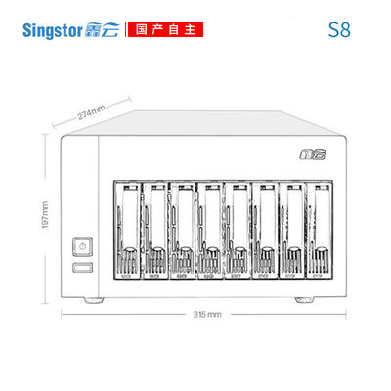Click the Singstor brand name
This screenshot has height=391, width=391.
click(52, 30)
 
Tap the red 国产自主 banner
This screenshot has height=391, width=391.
click(165, 29)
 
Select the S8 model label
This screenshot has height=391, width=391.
click(339, 29)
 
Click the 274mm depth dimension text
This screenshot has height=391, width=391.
click(91, 112)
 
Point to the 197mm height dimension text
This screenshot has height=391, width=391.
click(45, 215)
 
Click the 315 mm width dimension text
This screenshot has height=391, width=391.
click(207, 314)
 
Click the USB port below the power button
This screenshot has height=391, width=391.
click(83, 267)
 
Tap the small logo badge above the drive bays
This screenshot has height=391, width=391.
click(313, 154)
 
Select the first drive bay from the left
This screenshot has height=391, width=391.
click(128, 230)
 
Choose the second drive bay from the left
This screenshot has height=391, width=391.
click(155, 230)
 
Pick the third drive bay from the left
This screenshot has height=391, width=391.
click(183, 230)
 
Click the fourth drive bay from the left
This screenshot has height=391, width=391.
click(210, 230)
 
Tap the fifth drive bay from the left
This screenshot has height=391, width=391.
click(238, 230)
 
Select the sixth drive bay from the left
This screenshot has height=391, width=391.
click(265, 230)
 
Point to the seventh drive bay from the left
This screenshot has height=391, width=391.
click(292, 230)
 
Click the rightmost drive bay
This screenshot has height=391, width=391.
click(320, 230)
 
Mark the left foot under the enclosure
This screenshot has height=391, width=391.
click(95, 300)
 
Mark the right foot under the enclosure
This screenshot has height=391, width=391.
click(305, 300)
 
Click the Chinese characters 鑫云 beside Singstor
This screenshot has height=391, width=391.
click(103, 30)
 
